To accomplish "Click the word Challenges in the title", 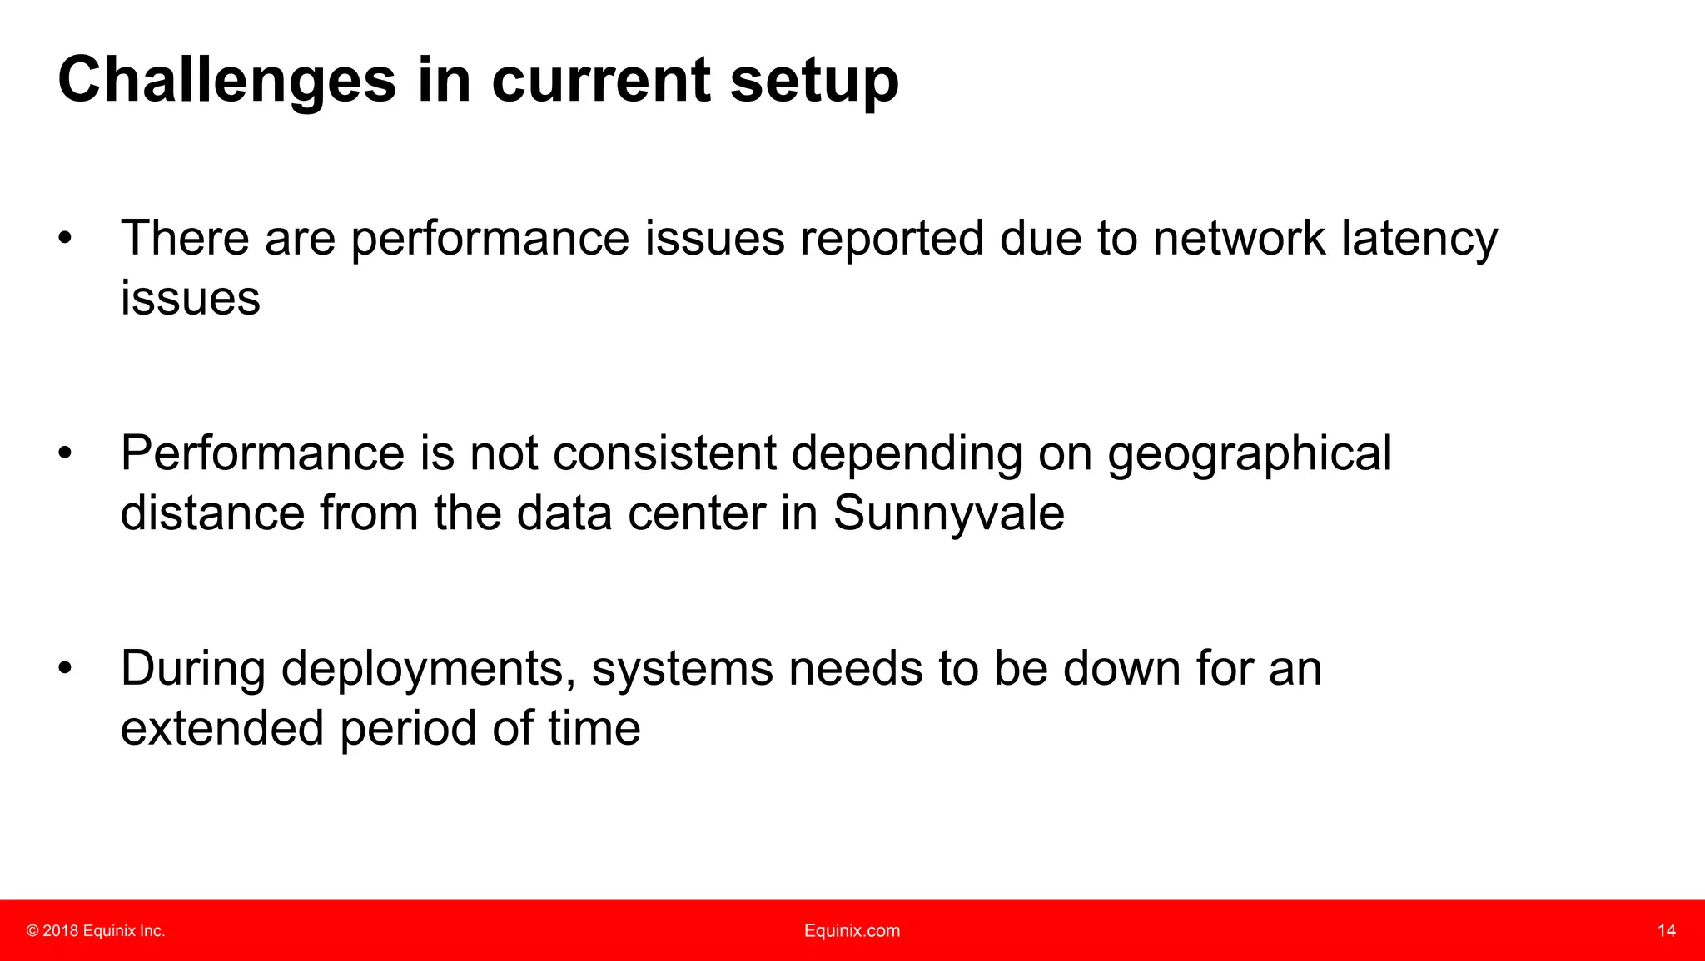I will [x=226, y=81].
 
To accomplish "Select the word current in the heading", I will [x=601, y=81].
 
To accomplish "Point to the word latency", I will [x=1419, y=239].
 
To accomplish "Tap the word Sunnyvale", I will [x=948, y=513].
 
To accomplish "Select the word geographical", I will [x=1249, y=454].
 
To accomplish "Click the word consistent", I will [x=664, y=454].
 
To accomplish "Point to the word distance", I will [x=212, y=513].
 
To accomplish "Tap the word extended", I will [x=221, y=729].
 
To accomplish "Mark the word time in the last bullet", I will [x=594, y=729].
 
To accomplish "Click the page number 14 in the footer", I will [x=1666, y=931].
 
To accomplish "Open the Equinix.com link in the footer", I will [x=852, y=931].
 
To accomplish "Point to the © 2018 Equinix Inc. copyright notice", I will [x=96, y=931].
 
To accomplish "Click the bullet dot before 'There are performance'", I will [x=65, y=240].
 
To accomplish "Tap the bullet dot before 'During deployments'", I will [x=65, y=670].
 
